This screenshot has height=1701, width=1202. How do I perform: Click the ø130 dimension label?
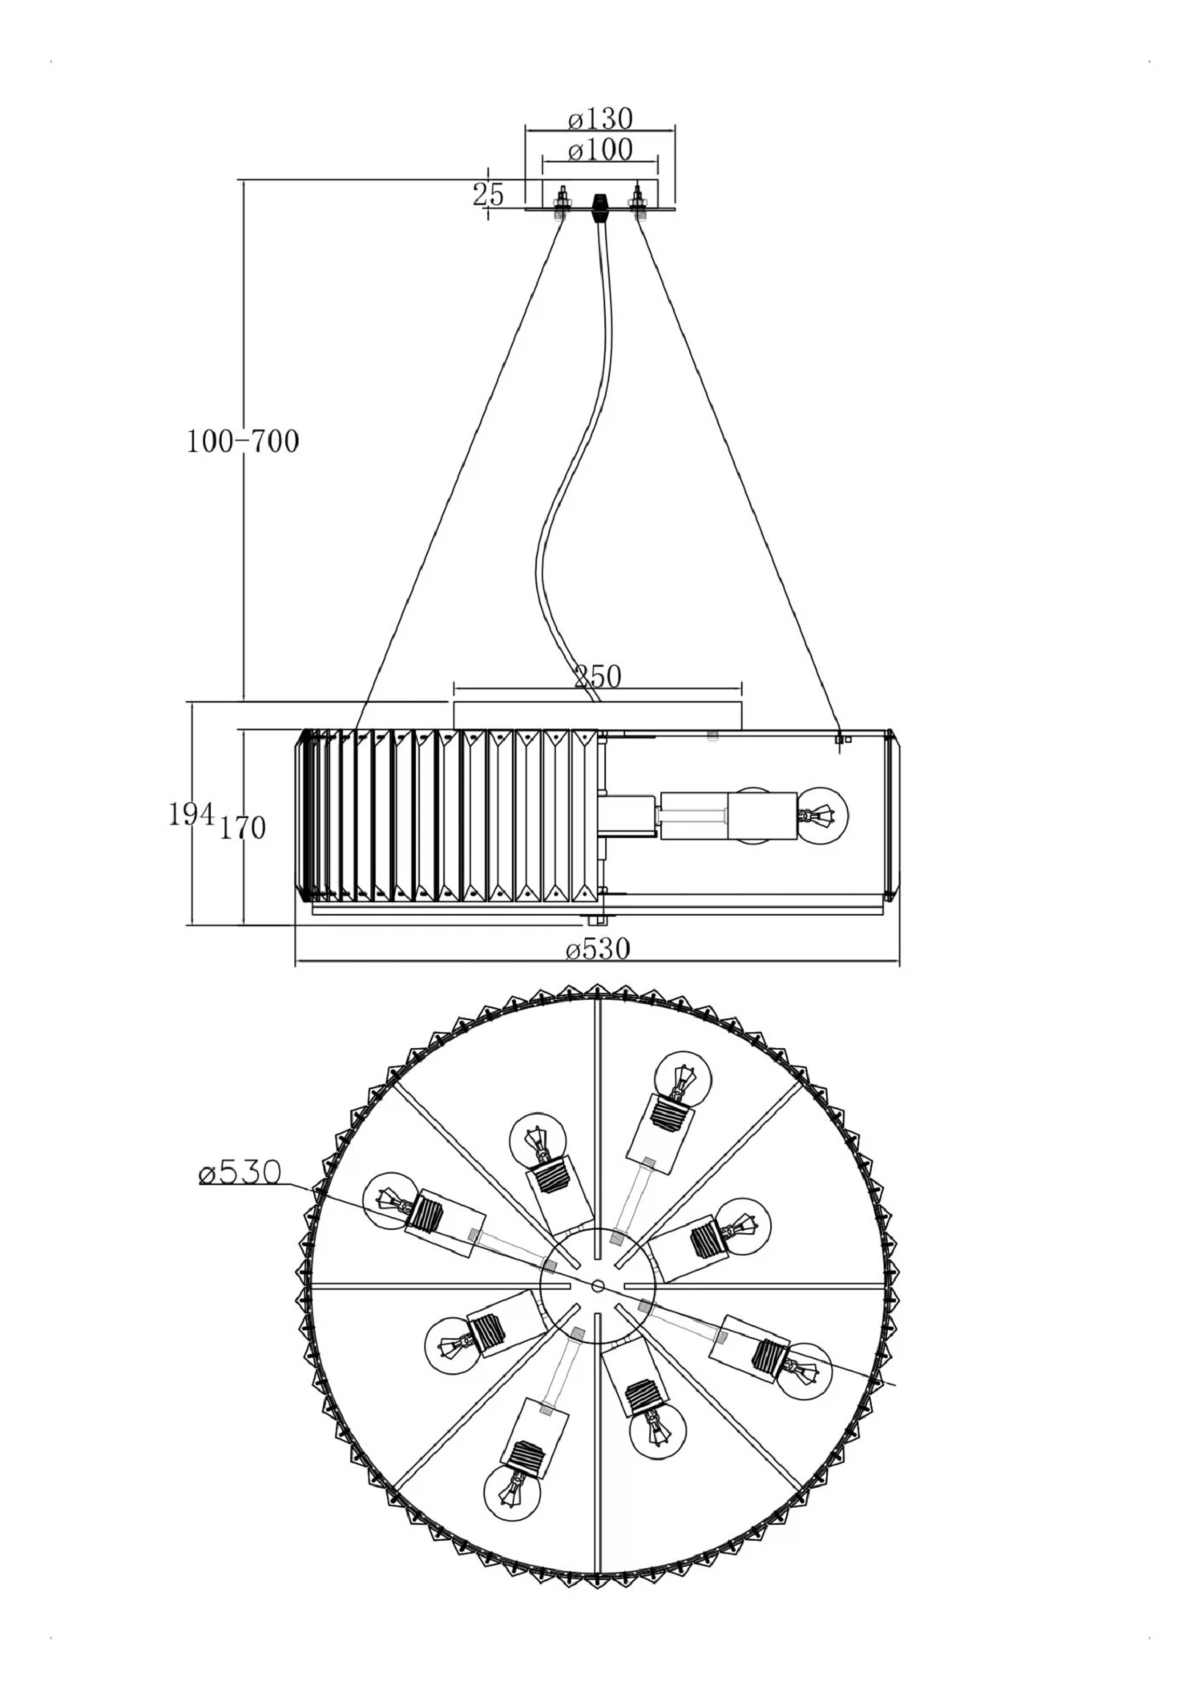600,119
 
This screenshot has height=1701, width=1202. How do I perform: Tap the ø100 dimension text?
600,150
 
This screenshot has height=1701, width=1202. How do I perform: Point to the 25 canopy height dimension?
488,195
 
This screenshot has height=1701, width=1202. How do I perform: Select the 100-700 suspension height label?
243,441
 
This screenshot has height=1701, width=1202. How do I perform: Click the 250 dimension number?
598,677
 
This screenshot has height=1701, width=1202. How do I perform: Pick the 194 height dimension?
192,815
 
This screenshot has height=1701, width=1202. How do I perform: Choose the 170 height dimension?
243,827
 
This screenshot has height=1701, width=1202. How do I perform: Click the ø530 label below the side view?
598,950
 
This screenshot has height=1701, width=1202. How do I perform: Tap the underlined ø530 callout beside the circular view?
240,1174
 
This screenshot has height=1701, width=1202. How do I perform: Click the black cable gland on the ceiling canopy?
599,207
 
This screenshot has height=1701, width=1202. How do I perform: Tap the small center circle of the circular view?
598,1286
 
